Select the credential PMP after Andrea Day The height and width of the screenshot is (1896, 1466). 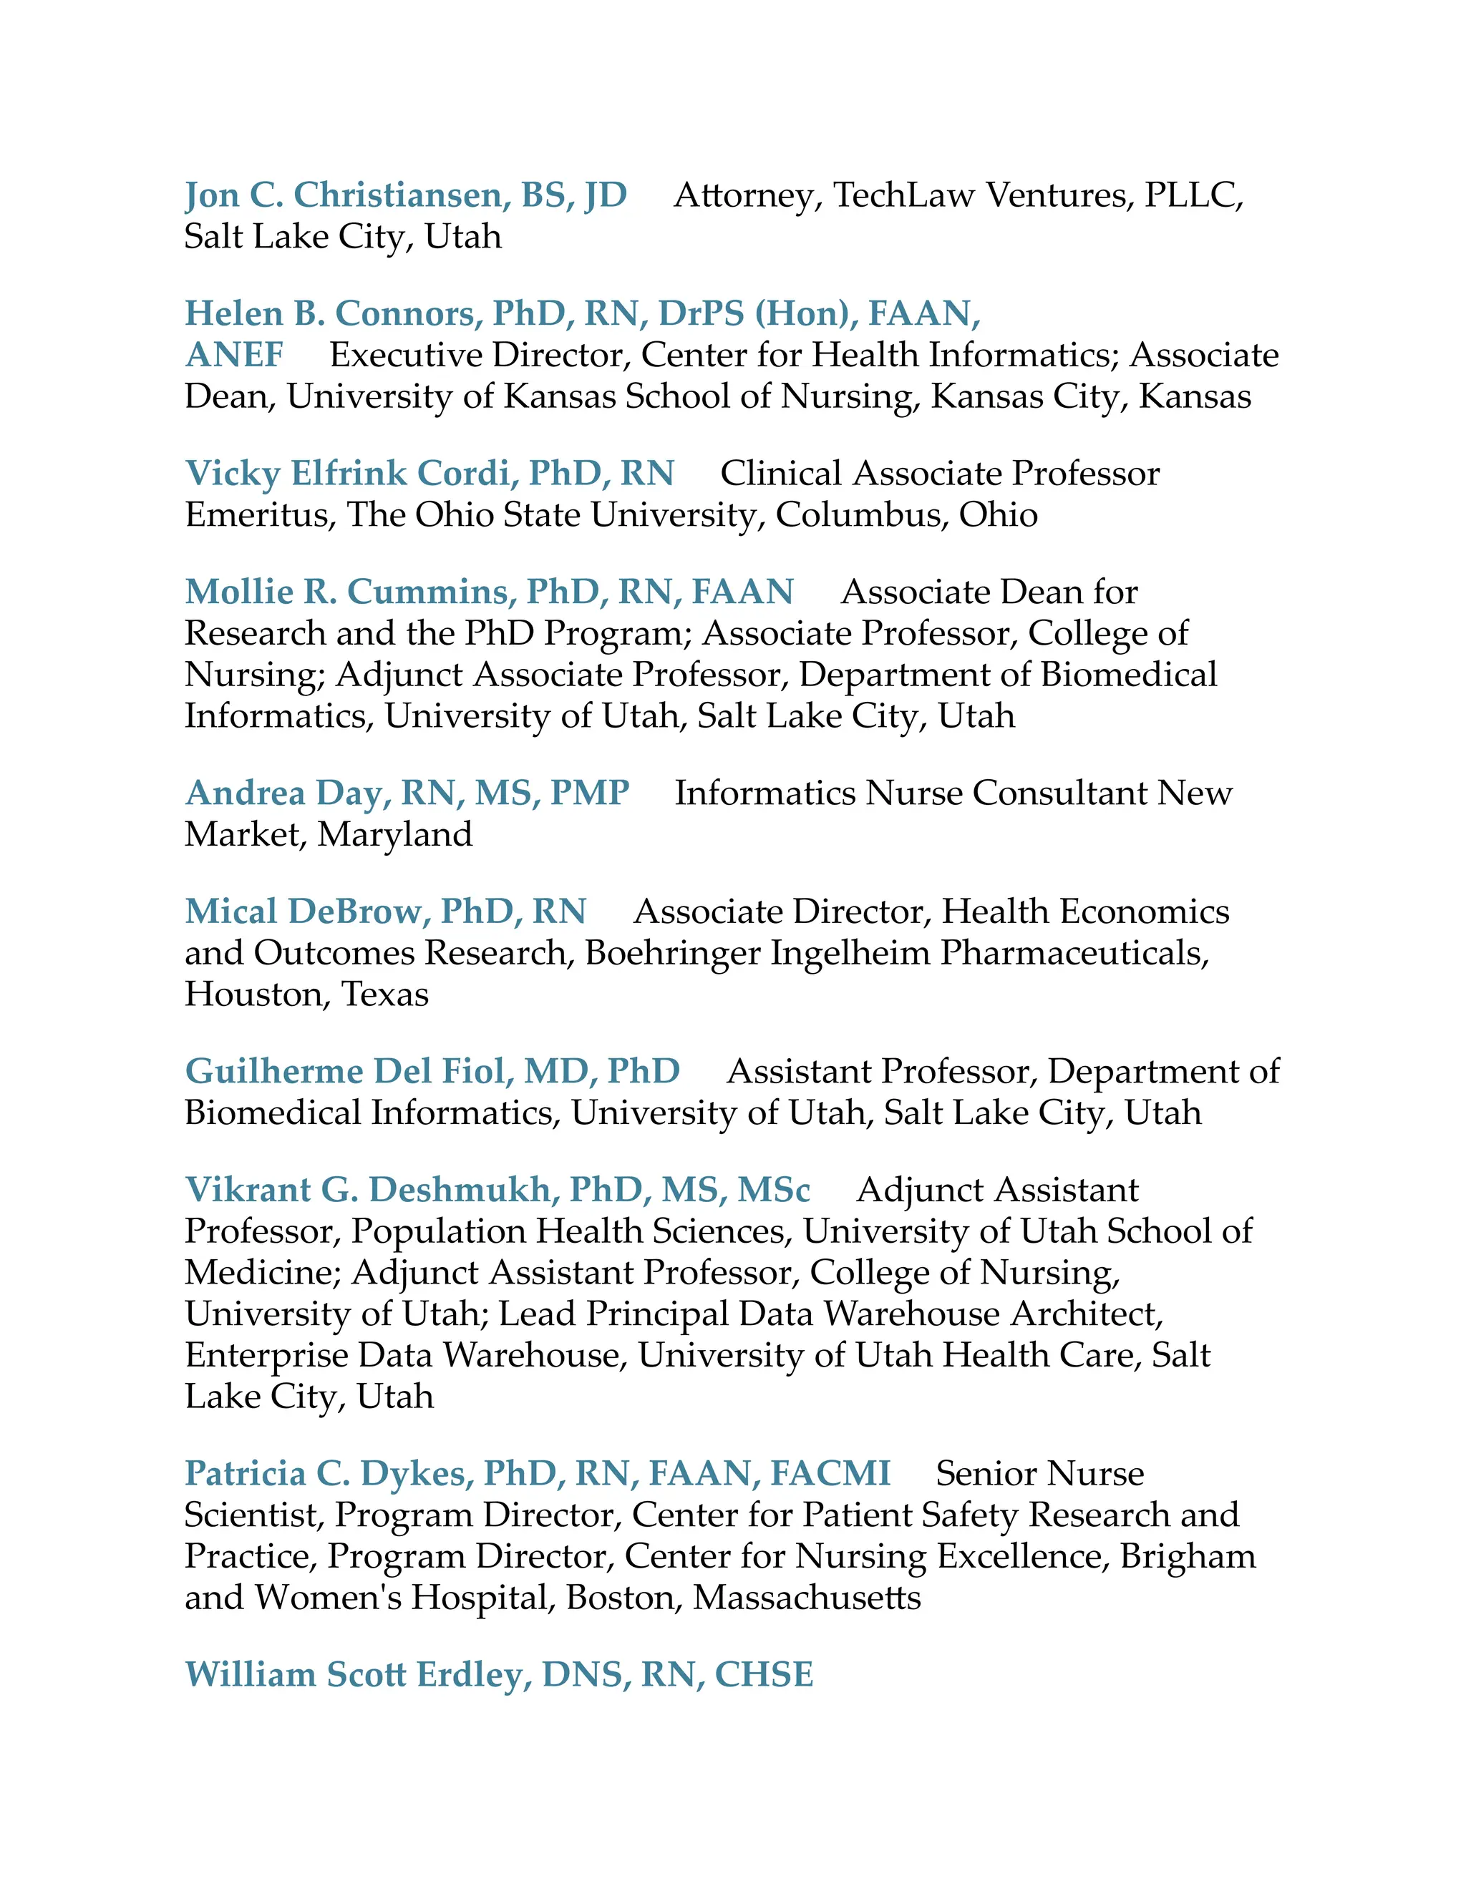590,793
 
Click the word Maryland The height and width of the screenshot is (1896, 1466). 395,834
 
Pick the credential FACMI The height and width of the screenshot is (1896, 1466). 830,1474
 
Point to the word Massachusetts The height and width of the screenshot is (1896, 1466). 807,1598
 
